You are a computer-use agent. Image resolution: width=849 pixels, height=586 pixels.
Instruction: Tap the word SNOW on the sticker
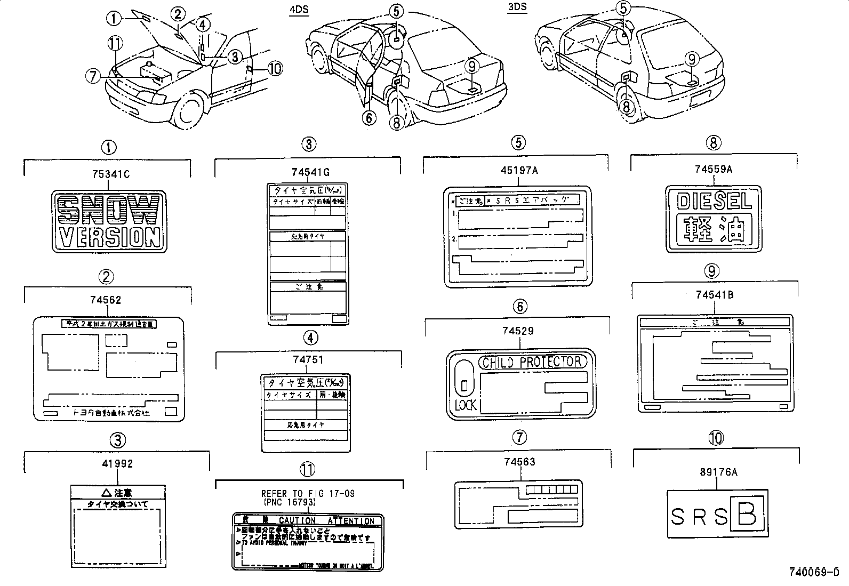click(x=109, y=210)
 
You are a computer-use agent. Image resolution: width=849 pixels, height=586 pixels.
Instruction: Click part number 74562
click(x=106, y=300)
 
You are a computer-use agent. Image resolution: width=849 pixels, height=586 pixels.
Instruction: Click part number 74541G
click(x=310, y=172)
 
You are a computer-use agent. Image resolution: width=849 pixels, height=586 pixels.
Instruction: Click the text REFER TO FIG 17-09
click(x=308, y=493)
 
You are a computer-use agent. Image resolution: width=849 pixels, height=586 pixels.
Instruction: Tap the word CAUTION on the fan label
click(x=298, y=520)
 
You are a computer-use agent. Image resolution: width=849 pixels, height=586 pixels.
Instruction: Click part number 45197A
click(x=518, y=170)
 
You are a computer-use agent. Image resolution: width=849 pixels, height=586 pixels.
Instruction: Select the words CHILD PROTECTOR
click(x=532, y=363)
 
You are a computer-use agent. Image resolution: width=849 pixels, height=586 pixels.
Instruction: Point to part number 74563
click(x=519, y=462)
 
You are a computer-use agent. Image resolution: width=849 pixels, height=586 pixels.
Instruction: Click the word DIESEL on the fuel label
click(x=714, y=201)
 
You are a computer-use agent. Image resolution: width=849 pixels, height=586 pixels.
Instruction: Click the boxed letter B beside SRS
click(x=748, y=514)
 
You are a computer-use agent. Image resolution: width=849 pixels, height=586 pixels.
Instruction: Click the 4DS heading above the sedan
click(x=299, y=10)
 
